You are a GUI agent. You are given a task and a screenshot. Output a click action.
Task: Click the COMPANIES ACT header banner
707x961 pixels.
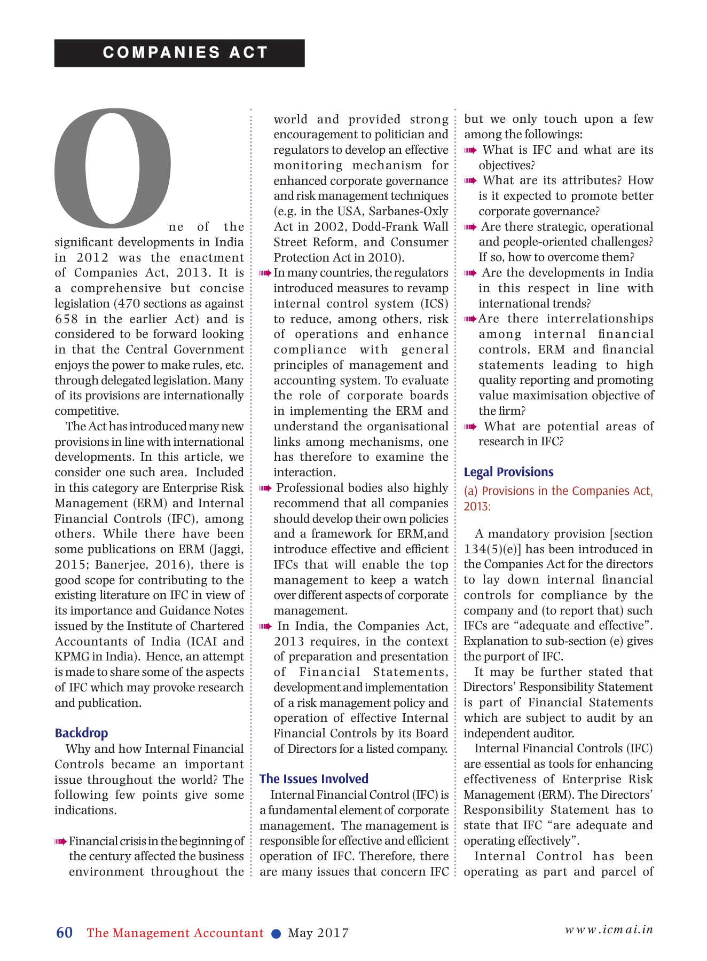[179, 53]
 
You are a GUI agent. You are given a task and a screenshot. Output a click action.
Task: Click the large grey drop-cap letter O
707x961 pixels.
[113, 167]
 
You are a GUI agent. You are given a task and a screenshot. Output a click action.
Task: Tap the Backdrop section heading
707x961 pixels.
[81, 733]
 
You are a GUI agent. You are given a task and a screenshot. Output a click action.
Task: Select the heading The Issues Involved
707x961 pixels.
[313, 779]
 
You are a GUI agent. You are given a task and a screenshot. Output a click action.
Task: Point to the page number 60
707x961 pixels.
[65, 932]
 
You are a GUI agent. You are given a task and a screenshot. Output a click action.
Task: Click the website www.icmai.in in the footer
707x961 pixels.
[609, 930]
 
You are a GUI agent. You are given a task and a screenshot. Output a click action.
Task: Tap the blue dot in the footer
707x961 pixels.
[276, 933]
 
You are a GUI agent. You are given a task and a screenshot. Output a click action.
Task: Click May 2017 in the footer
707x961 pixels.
[318, 933]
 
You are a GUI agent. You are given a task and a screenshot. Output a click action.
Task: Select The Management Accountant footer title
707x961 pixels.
[175, 933]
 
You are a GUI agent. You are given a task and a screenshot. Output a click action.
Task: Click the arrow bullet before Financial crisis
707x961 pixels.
[60, 842]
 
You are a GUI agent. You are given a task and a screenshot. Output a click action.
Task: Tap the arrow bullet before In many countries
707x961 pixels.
[265, 273]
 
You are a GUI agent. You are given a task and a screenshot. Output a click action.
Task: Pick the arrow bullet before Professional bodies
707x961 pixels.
[265, 489]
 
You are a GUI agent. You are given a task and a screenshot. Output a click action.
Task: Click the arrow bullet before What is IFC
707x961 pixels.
[470, 151]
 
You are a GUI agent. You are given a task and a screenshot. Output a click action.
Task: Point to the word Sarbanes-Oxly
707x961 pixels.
[409, 211]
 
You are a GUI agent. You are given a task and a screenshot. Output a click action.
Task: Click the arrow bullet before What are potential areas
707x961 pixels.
[470, 427]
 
